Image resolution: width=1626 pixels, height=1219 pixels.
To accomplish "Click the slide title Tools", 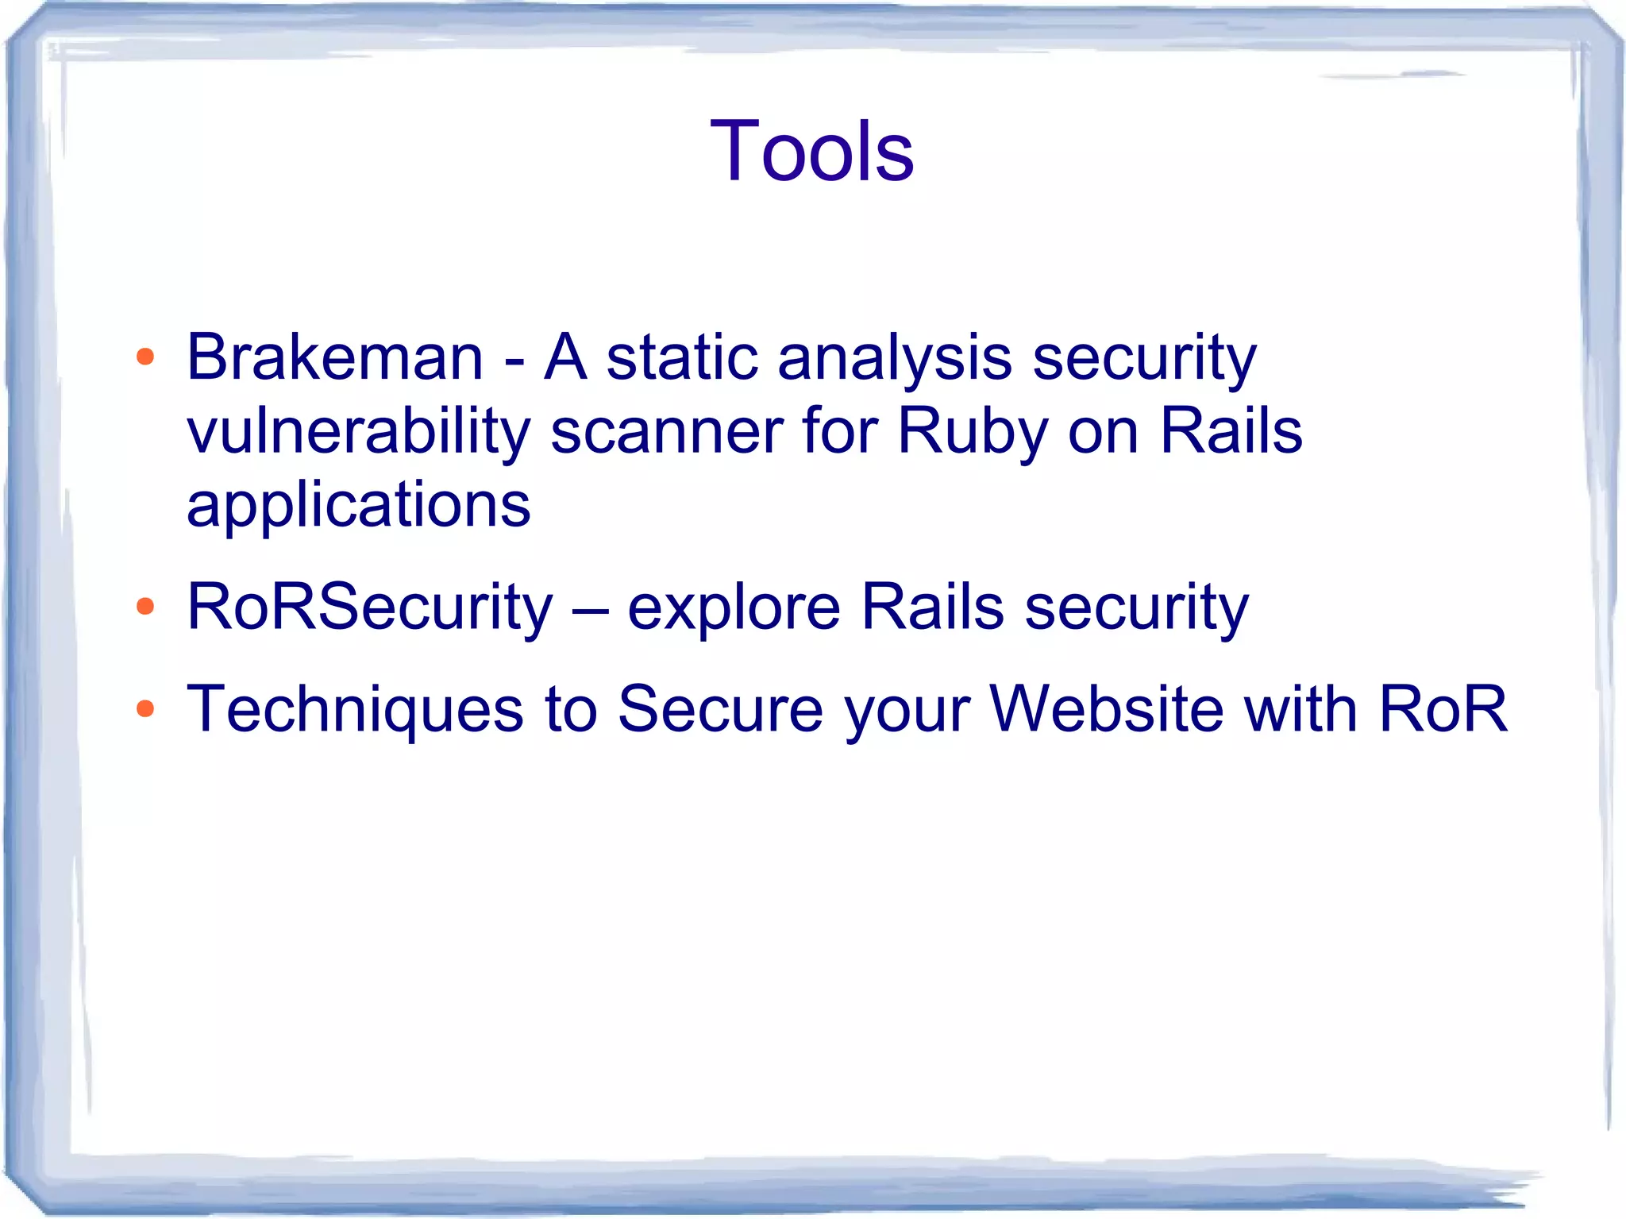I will [x=811, y=151].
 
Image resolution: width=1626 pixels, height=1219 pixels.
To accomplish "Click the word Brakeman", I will [x=334, y=357].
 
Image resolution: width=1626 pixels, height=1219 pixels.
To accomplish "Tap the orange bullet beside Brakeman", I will [x=145, y=357].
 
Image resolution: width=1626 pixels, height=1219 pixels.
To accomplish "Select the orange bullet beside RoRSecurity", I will [x=145, y=607].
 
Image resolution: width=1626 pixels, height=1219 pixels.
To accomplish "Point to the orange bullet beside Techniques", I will [x=145, y=708].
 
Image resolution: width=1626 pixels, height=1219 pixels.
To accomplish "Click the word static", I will [x=681, y=357].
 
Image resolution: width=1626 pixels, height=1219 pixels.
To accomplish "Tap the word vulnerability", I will [x=358, y=431].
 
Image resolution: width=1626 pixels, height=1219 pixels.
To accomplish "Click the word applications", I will [x=358, y=506].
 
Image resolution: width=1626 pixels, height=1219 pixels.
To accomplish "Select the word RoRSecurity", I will [x=369, y=608].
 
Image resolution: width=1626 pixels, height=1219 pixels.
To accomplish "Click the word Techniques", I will [x=355, y=709].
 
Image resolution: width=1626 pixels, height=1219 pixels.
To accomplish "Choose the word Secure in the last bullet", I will [x=720, y=708].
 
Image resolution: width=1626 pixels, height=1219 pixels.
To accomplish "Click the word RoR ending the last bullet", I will [x=1443, y=708].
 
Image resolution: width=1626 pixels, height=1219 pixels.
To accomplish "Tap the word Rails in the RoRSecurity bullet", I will [x=932, y=608].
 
